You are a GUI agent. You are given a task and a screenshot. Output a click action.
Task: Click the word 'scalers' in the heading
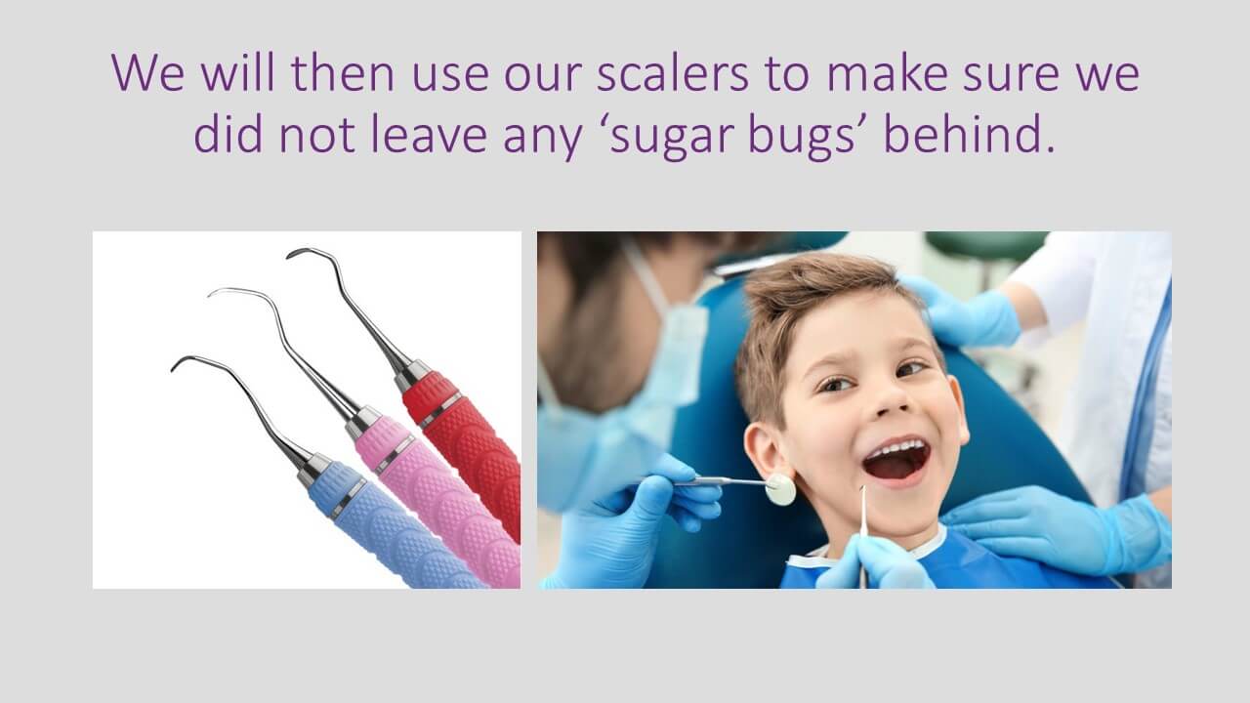(673, 73)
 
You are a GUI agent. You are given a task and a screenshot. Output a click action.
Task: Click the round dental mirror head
(780, 490)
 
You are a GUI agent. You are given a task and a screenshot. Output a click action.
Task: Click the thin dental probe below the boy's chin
(862, 536)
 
